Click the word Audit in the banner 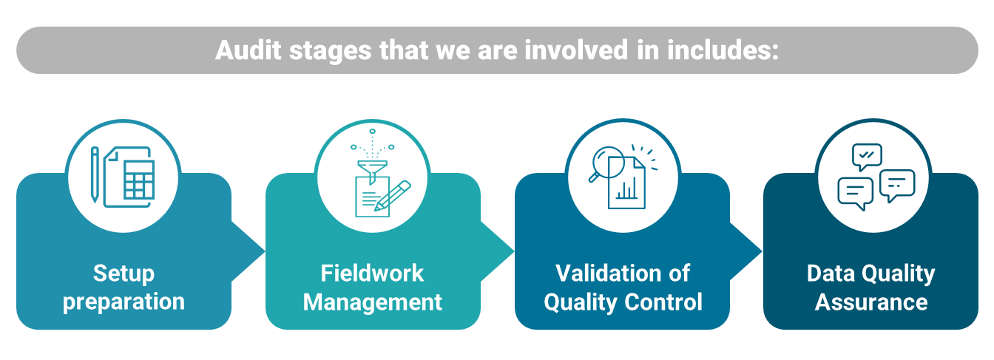pos(248,50)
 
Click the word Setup pos(124,274)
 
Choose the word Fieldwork pos(372,273)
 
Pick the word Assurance pos(871,302)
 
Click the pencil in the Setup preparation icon pos(95,175)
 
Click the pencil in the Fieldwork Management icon pos(392,195)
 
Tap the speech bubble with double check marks pos(867,157)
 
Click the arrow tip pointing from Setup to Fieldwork pos(265,251)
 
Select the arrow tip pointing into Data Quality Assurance pos(762,251)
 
